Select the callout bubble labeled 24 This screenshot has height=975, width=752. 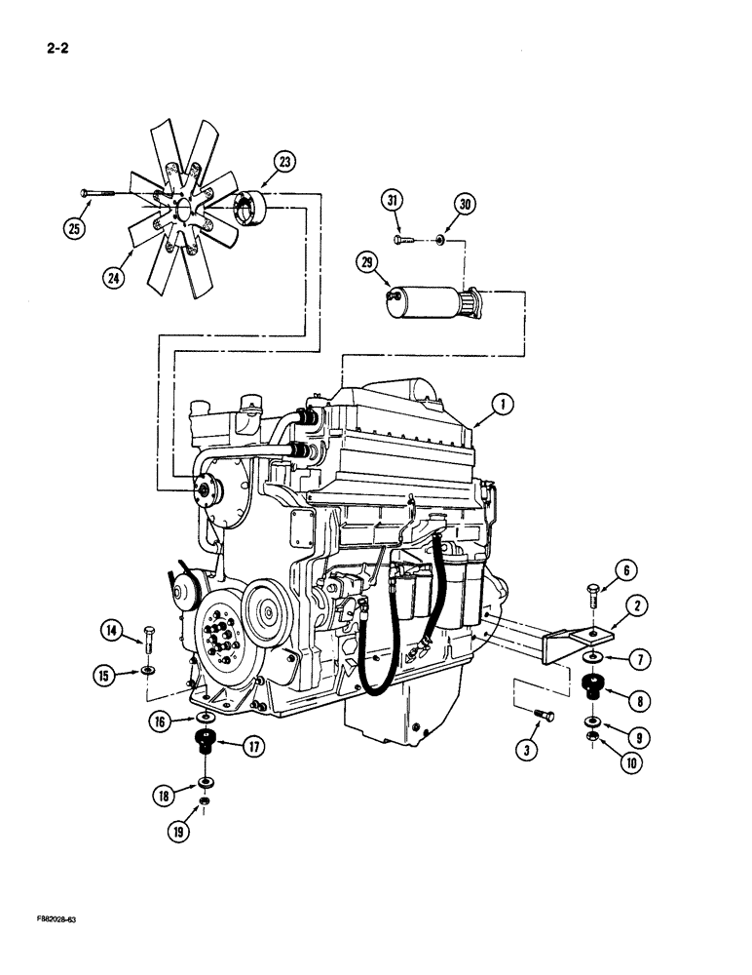(116, 279)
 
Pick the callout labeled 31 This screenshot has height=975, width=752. (393, 201)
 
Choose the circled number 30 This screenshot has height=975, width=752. (465, 204)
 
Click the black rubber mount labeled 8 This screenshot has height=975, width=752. (590, 686)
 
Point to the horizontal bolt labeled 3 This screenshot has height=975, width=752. (545, 719)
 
